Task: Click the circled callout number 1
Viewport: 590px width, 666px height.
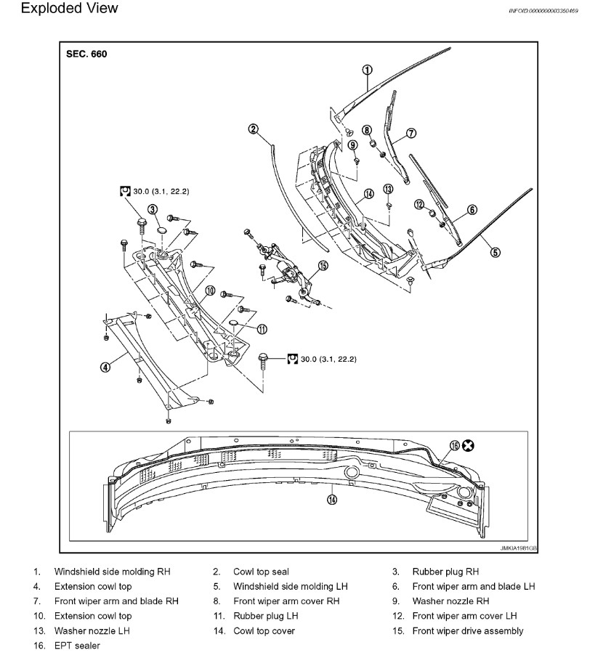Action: (368, 70)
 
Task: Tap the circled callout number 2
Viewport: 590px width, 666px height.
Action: (254, 129)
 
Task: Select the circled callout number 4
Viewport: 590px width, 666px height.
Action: (105, 367)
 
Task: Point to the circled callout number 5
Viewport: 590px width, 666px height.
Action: (495, 253)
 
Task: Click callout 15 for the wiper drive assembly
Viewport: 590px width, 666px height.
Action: (323, 266)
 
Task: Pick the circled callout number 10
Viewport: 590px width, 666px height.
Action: (210, 291)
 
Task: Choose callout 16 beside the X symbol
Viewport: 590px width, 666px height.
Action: (455, 445)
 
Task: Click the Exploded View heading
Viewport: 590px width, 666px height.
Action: (60, 9)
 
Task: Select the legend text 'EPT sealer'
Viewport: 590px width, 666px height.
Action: (77, 645)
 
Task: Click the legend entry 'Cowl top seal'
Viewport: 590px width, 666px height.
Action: (261, 572)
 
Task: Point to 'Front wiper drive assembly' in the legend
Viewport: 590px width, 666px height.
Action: (467, 630)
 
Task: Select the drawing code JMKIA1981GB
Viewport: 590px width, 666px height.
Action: (519, 548)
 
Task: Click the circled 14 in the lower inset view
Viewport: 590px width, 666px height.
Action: (332, 499)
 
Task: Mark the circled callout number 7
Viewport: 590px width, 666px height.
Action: (411, 133)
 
